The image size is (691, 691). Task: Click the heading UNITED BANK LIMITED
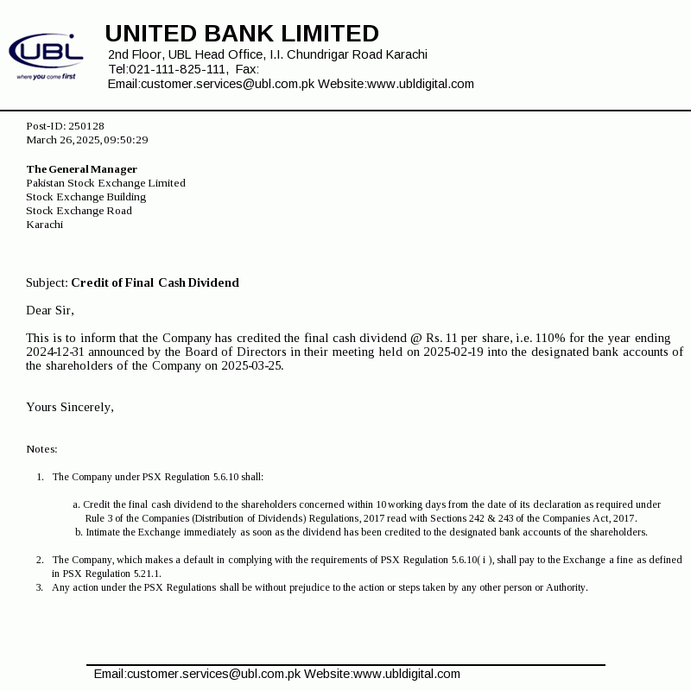tap(242, 34)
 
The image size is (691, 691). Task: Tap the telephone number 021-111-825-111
tap(178, 69)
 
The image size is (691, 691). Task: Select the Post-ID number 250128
tap(86, 126)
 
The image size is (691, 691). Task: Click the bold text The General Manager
tap(82, 169)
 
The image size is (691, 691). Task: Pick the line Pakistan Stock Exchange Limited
tap(105, 183)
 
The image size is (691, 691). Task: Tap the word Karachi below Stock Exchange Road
tap(44, 225)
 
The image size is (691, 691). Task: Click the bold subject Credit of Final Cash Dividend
tap(155, 282)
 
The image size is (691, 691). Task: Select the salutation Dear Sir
tap(50, 310)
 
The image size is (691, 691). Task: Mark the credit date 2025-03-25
tap(251, 365)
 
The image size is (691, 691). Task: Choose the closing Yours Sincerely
tap(69, 407)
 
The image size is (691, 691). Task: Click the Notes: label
tap(41, 449)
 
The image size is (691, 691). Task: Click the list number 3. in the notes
tap(40, 587)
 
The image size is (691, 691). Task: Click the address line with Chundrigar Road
tap(268, 54)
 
